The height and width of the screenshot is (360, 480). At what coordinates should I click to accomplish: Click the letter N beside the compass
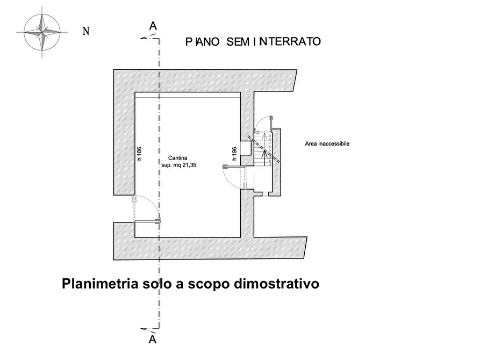click(x=85, y=31)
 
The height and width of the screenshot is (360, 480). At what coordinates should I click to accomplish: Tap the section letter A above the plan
click(x=153, y=26)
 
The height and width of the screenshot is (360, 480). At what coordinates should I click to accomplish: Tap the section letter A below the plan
click(x=153, y=339)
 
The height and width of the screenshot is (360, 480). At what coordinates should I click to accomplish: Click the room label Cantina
click(x=177, y=157)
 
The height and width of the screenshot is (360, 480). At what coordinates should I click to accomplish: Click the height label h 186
click(x=139, y=154)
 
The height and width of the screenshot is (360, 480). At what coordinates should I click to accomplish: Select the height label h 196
click(x=235, y=154)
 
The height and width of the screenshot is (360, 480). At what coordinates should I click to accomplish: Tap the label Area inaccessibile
click(x=327, y=144)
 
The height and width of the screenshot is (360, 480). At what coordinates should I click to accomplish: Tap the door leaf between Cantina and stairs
click(x=234, y=167)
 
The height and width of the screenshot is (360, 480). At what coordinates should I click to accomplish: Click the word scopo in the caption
click(x=210, y=283)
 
